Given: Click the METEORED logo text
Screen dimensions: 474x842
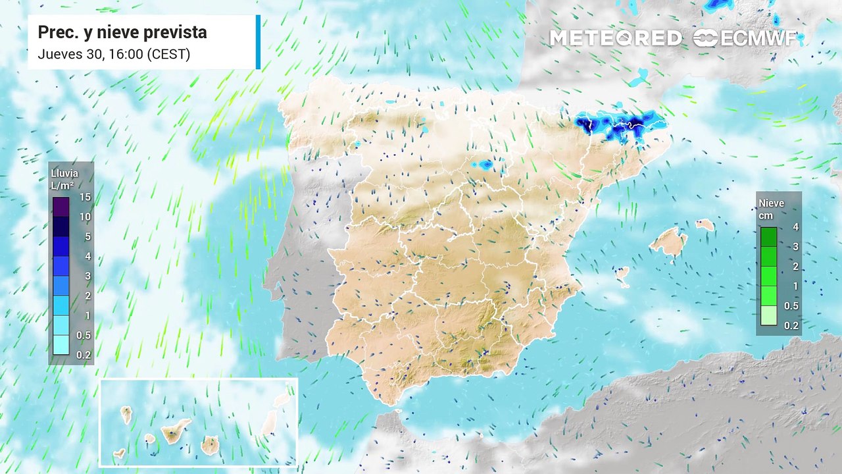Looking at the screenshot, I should click(615, 38).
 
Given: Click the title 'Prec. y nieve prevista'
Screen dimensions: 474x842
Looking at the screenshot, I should click(122, 32).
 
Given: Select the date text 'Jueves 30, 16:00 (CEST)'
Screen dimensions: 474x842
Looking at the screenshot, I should click(114, 54).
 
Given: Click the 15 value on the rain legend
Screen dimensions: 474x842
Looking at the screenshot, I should click(85, 197).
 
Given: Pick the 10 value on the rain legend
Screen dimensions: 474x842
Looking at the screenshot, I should click(85, 217).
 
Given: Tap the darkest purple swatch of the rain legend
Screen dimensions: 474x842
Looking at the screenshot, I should click(61, 207).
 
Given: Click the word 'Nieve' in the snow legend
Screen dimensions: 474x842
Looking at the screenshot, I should click(772, 203).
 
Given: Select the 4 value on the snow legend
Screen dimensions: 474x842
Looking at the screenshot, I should click(796, 227).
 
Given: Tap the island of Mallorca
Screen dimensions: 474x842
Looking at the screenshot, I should click(668, 242).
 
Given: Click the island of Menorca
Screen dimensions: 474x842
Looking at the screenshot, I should click(705, 224).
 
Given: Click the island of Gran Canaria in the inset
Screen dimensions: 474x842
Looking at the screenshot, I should click(210, 445).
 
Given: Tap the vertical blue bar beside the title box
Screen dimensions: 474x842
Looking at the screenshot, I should click(258, 42).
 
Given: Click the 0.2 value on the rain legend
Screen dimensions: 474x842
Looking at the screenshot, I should click(85, 355).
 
